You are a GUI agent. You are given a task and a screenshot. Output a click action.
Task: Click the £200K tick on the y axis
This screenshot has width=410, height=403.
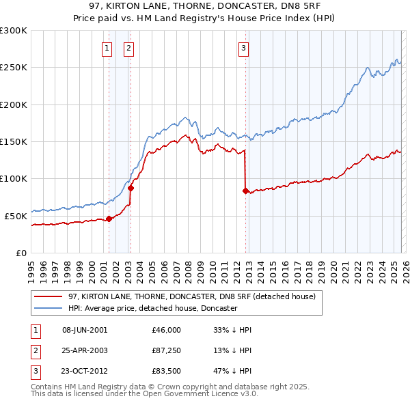[x=14, y=105]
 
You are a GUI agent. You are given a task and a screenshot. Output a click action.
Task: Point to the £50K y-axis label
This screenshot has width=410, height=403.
[x=16, y=216]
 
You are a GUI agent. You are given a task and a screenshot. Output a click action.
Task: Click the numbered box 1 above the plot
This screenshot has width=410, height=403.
[x=108, y=48]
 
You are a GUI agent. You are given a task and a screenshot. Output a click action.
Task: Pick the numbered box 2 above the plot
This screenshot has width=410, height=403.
[x=128, y=48]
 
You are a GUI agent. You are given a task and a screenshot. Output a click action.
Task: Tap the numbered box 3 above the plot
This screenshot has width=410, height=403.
[x=243, y=48]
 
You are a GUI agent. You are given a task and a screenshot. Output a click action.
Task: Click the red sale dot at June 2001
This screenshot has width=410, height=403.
[x=109, y=219]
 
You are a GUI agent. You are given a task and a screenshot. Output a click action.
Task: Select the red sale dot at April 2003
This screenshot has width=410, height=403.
[x=131, y=188]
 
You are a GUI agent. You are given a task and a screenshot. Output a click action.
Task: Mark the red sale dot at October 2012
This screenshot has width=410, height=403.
[x=245, y=191]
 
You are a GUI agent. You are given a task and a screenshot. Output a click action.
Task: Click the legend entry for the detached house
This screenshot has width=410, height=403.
[x=191, y=297]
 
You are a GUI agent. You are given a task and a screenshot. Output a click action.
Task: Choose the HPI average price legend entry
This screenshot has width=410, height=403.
[x=152, y=309]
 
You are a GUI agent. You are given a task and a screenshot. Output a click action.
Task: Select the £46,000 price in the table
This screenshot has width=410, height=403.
[x=167, y=330]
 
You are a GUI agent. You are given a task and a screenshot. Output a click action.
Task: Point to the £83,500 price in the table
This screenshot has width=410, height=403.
[x=167, y=372]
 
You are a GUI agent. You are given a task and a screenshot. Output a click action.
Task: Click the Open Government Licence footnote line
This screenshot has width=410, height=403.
[x=135, y=395]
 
